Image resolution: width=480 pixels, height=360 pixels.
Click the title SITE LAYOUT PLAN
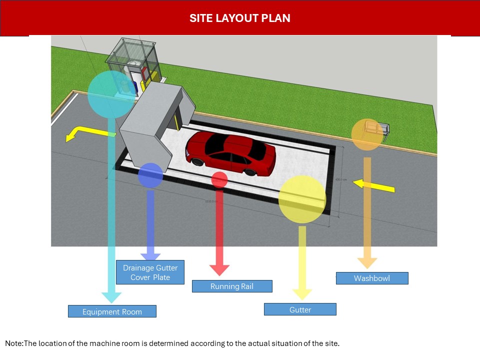pos(239,18)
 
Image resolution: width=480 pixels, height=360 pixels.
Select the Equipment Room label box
pos(112,311)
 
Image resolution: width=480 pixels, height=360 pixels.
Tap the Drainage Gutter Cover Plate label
pos(150,272)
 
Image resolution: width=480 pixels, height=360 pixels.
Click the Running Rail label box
pos(232,286)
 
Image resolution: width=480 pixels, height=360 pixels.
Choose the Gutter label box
pos(300,309)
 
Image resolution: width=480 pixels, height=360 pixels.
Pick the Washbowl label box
pos(371,278)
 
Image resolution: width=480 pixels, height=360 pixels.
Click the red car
pos(231,152)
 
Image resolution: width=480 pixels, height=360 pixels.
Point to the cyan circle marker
pos(111,94)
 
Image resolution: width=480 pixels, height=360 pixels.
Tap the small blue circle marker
pos(150,175)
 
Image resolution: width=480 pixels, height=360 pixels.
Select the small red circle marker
pos(219,179)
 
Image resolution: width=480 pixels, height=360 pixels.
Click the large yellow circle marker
pos(302,199)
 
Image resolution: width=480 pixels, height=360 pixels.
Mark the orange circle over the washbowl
pos(367,134)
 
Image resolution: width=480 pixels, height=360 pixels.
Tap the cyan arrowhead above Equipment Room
pos(111,296)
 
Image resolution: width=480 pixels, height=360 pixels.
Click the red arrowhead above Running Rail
pos(219,270)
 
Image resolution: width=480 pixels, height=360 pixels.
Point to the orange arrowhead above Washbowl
pos(367,263)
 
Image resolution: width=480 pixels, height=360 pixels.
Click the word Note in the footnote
pos(13,343)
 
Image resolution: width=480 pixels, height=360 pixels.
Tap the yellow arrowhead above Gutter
pos(302,293)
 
